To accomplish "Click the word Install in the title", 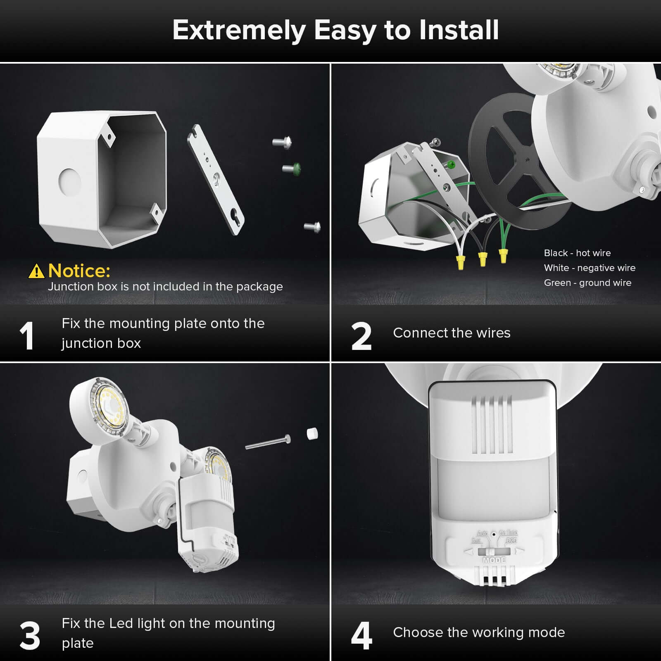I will [459, 30].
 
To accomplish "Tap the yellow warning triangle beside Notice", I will [36, 271].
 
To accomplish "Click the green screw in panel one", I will [292, 169].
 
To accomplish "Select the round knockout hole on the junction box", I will [69, 181].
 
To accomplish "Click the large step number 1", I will [27, 336].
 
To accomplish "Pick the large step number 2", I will [361, 336].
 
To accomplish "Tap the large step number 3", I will [30, 636].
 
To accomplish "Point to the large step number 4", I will [361, 636].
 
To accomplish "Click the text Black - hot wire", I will [577, 253].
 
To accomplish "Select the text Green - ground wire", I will [587, 283].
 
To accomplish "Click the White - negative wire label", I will [589, 268].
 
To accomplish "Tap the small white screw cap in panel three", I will [312, 434].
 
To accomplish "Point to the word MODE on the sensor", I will [494, 560].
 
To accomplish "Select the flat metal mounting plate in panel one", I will [216, 179].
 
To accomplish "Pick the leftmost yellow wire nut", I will [460, 262].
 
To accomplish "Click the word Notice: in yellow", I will [79, 271].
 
